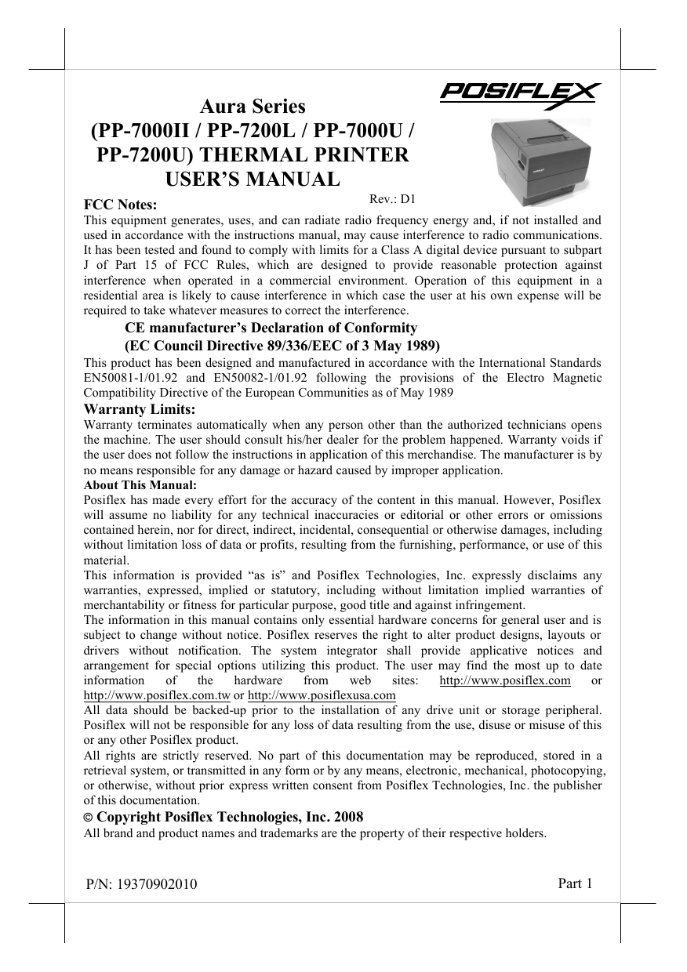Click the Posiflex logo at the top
tap(519, 93)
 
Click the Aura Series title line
tap(252, 105)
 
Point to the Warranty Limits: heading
tap(140, 408)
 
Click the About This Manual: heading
tap(140, 485)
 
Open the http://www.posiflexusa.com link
tap(322, 695)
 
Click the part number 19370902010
tap(157, 886)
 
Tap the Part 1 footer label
tap(575, 884)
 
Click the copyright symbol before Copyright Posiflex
tap(89, 818)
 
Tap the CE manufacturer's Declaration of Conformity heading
tap(271, 328)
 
